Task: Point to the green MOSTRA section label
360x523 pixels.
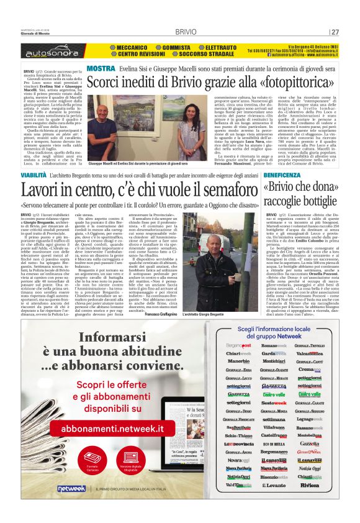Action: (x=100, y=68)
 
